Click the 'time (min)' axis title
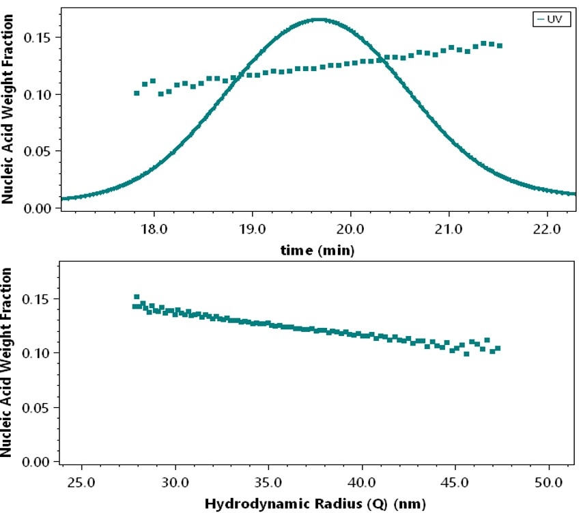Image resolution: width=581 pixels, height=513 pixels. pyautogui.click(x=317, y=251)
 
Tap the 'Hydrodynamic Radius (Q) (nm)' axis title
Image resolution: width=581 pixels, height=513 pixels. pyautogui.click(x=317, y=505)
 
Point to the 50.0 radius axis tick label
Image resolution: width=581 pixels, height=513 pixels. pyautogui.click(x=548, y=482)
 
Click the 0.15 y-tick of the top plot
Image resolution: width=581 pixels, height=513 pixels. pyautogui.click(x=38, y=37)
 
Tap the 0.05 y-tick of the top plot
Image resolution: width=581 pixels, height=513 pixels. pyautogui.click(x=38, y=151)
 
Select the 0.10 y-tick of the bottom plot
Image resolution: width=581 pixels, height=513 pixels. pyautogui.click(x=38, y=353)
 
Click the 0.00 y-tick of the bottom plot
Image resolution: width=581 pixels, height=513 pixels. pyautogui.click(x=38, y=462)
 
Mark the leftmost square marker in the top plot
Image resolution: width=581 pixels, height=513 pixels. pyautogui.click(x=137, y=93)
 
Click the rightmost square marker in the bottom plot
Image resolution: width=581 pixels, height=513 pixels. pyautogui.click(x=498, y=348)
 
